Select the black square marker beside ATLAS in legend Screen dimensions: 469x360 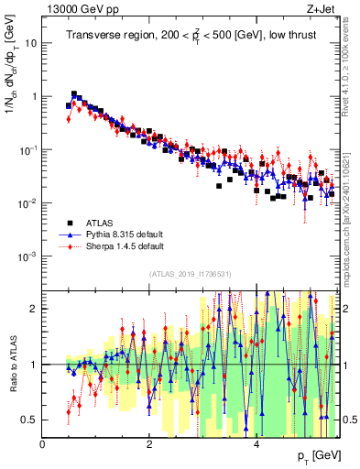tap(70, 223)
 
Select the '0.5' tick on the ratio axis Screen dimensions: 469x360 tap(29, 420)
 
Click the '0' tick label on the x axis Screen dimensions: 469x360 tap(43, 442)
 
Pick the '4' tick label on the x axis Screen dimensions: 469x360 tap(256, 442)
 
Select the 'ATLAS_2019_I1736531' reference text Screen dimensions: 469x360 tap(191, 274)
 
